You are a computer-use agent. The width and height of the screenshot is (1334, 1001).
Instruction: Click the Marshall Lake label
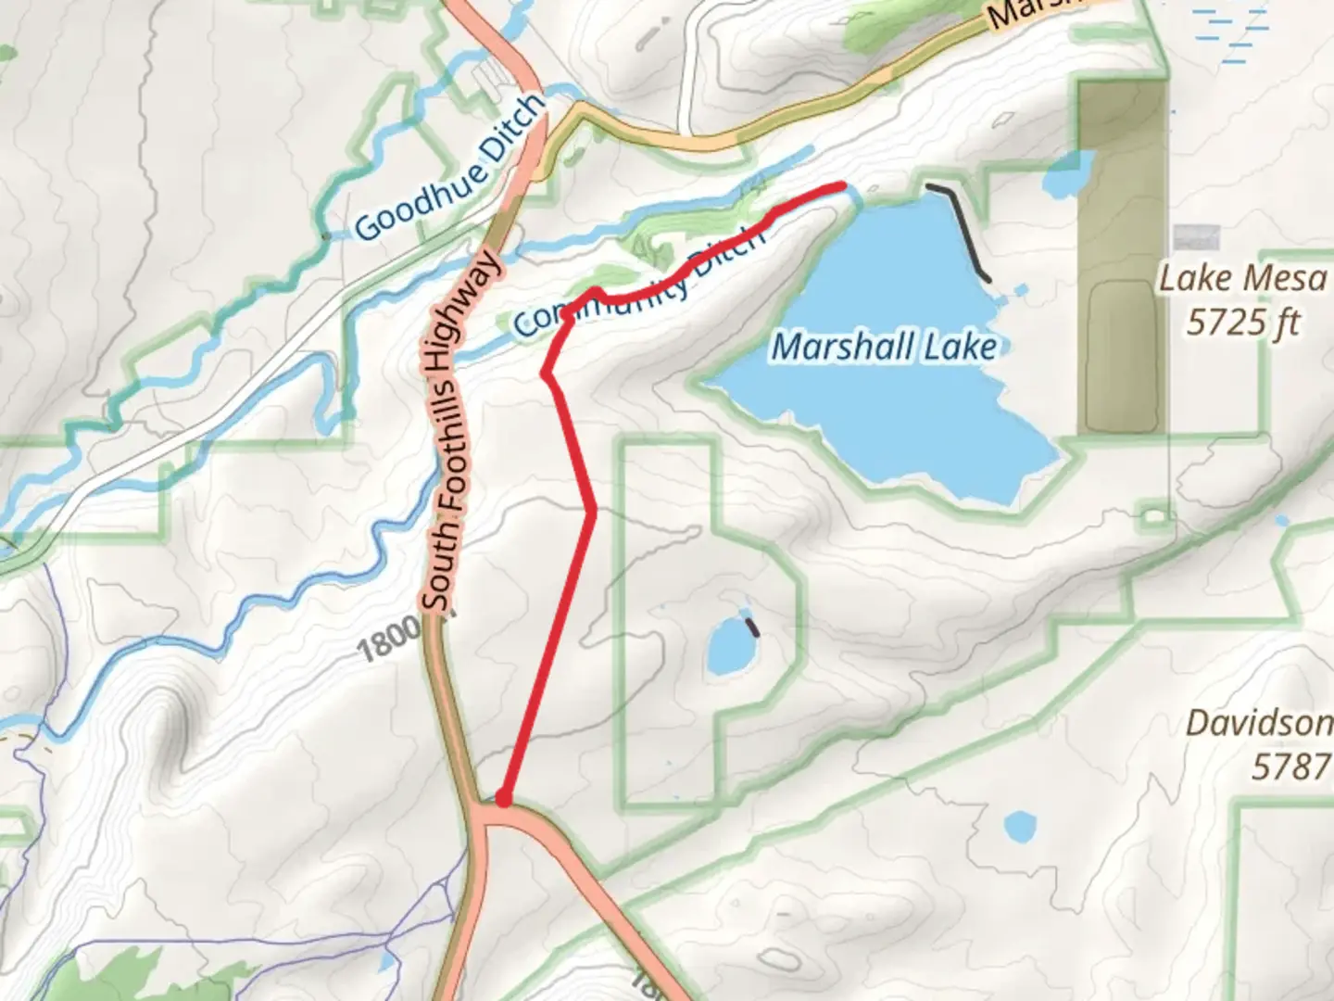click(885, 347)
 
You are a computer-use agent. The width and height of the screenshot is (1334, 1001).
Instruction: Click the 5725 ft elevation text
click(1243, 323)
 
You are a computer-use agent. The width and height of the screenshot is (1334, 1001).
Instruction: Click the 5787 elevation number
click(1291, 767)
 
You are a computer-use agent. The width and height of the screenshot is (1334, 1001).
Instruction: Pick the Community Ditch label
click(639, 283)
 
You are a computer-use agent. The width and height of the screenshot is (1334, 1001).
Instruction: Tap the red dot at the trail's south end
click(503, 798)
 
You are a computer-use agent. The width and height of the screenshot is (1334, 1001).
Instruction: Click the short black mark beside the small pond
click(753, 627)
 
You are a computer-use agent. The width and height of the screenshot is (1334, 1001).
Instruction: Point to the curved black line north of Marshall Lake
click(963, 227)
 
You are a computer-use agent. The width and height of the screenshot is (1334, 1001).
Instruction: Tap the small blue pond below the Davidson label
click(1019, 825)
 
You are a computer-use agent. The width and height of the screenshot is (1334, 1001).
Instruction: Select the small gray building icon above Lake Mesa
click(1196, 237)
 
